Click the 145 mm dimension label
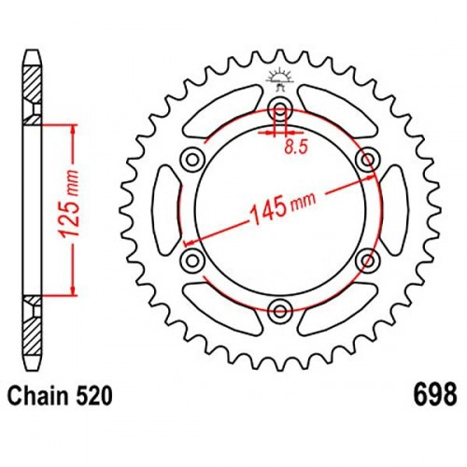point(283,206)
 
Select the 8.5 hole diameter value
point(296,147)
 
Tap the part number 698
point(435,394)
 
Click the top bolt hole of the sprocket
point(280,108)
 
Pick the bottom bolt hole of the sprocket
point(280,311)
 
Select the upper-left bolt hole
point(192,160)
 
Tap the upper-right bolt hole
point(368,160)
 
